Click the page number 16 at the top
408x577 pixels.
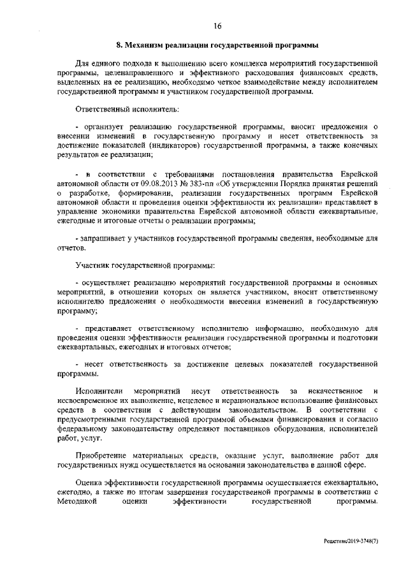[x=217, y=26]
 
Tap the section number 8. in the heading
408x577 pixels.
[x=119, y=46]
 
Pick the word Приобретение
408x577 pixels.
[x=104, y=456]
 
